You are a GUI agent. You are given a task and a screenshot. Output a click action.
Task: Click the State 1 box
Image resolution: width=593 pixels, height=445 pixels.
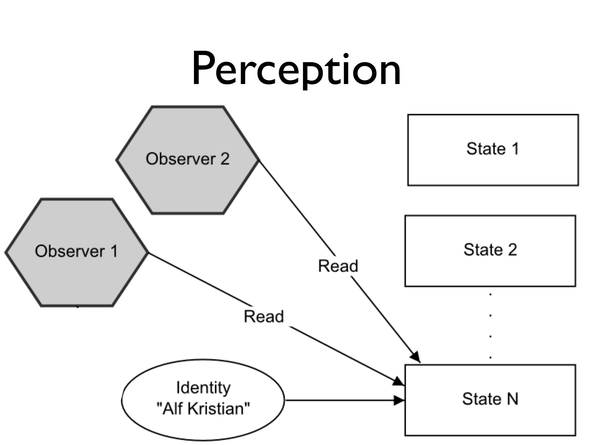coord(493,150)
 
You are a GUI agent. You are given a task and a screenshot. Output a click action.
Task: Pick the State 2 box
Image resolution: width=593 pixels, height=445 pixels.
coord(490,251)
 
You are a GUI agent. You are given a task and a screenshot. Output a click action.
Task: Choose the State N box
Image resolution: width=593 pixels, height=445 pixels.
coord(490,400)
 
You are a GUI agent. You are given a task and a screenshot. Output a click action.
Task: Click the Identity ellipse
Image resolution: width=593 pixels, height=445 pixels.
coord(203,400)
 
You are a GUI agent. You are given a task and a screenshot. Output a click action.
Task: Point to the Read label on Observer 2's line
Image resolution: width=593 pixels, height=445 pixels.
coord(338,266)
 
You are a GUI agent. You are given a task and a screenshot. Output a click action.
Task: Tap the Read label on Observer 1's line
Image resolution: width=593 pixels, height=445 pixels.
coord(264,316)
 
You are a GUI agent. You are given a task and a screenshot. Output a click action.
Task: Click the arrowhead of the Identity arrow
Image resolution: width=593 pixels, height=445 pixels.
coord(400,401)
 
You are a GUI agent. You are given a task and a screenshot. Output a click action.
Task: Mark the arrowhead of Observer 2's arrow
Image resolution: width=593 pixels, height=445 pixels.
coord(416,357)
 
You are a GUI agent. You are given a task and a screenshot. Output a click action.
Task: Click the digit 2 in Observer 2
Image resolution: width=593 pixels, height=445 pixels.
coord(225,159)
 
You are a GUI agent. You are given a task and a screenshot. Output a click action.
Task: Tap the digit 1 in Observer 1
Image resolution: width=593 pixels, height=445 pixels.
coord(114,251)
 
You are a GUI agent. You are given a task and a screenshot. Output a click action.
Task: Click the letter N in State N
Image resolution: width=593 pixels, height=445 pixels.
coord(512,399)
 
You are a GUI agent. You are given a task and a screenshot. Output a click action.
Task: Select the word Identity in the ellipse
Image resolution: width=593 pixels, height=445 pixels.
coord(203,388)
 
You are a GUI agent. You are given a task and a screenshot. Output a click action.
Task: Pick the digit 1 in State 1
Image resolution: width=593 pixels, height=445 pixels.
coord(515,149)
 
